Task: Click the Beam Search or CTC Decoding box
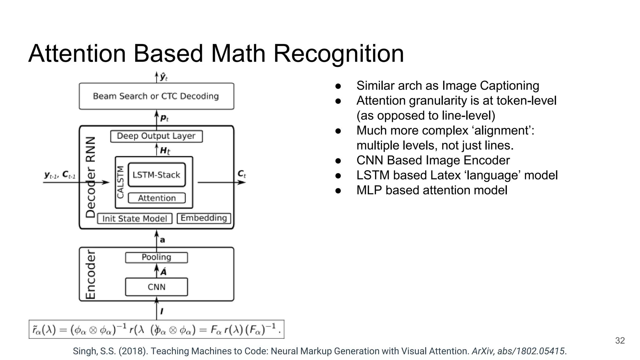pos(156,96)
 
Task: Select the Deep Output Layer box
pos(156,136)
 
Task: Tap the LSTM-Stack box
pos(157,175)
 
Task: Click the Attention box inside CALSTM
pos(157,198)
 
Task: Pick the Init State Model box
pos(135,218)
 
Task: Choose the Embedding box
pos(204,218)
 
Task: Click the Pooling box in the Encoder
pos(156,257)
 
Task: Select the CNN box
pos(156,287)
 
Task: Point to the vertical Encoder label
pos(91,274)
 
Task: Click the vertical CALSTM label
pos(121,182)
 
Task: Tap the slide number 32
pos(620,340)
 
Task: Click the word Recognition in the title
pos(338,53)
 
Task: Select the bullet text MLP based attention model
pos(432,190)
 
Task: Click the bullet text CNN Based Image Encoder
pos(433,160)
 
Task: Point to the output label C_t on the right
pos(242,174)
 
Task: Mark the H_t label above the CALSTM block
pos(165,151)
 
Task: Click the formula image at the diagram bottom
pos(156,329)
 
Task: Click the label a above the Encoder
pos(162,240)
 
